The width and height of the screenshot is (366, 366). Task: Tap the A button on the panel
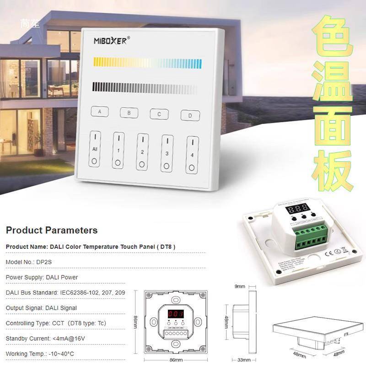click(x=100, y=112)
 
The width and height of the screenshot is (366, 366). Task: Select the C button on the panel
click(x=159, y=114)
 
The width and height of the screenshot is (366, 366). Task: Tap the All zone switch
click(x=95, y=149)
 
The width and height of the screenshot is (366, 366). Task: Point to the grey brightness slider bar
click(x=144, y=87)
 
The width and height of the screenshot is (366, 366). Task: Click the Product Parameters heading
click(x=52, y=230)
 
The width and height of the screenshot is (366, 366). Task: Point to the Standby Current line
click(x=45, y=339)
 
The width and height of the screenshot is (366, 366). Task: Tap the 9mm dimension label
click(x=240, y=286)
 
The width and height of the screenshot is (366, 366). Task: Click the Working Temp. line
click(x=40, y=354)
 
